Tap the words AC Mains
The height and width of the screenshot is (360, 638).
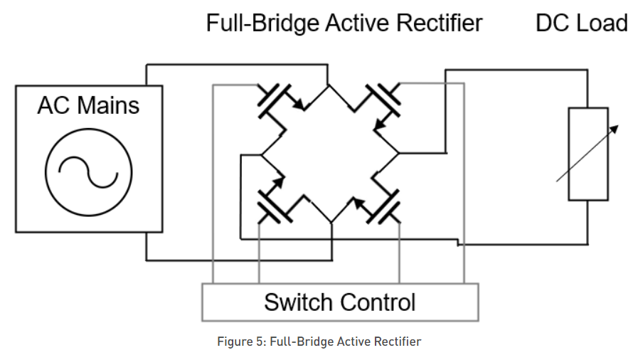click(x=88, y=106)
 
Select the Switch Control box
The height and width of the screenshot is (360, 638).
click(x=340, y=302)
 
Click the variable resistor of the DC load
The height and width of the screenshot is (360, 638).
click(x=588, y=154)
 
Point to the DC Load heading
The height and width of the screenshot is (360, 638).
click(x=581, y=23)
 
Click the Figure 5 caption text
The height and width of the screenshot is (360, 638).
click(x=319, y=342)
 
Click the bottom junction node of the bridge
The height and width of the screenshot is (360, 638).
click(x=331, y=223)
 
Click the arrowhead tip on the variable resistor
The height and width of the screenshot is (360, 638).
click(x=617, y=127)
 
